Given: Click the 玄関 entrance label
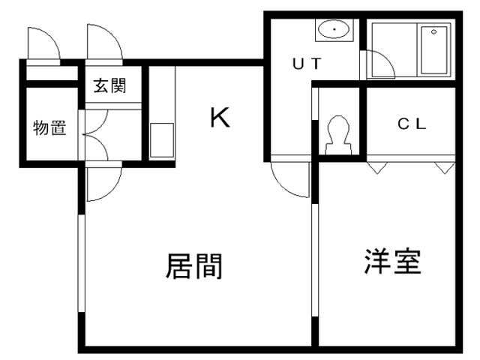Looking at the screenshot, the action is [x=109, y=85].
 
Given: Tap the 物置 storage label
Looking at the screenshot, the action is [x=49, y=128].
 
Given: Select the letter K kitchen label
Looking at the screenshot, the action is [x=219, y=118].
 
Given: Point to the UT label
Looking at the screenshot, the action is [x=307, y=64].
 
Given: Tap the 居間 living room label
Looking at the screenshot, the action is [x=193, y=266].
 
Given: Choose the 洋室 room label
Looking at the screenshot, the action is [x=392, y=261].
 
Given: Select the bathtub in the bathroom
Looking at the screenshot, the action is [x=433, y=49].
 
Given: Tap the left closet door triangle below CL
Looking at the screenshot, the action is [x=376, y=166].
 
